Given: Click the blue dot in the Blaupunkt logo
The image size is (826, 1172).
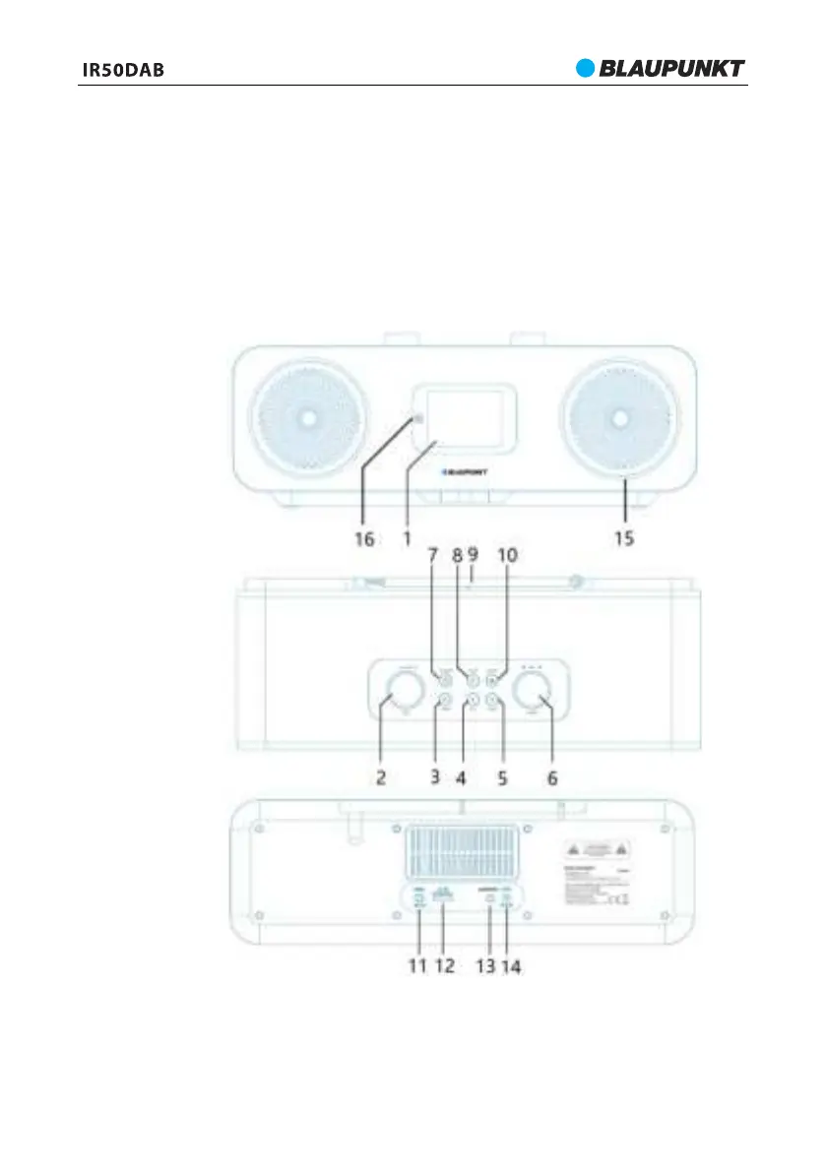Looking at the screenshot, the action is point(587,68).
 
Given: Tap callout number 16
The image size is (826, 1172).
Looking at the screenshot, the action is point(365,540).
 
